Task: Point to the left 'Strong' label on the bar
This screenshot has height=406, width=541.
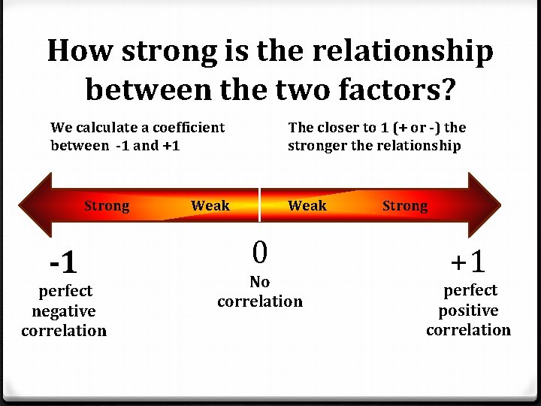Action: click(x=107, y=206)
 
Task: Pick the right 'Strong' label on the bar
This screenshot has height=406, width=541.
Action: click(x=405, y=206)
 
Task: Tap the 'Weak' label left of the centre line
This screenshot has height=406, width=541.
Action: click(x=210, y=205)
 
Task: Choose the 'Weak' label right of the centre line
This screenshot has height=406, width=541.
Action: click(x=307, y=205)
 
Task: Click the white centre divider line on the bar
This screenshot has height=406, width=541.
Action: click(x=260, y=205)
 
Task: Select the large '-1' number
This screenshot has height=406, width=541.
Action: click(x=62, y=262)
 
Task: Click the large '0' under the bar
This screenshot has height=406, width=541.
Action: click(x=259, y=253)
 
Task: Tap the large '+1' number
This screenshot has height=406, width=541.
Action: click(x=468, y=262)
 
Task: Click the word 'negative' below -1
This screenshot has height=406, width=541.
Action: click(x=64, y=311)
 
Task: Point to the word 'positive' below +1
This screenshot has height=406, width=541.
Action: click(x=468, y=310)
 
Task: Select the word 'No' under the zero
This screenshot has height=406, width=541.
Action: click(x=259, y=282)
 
